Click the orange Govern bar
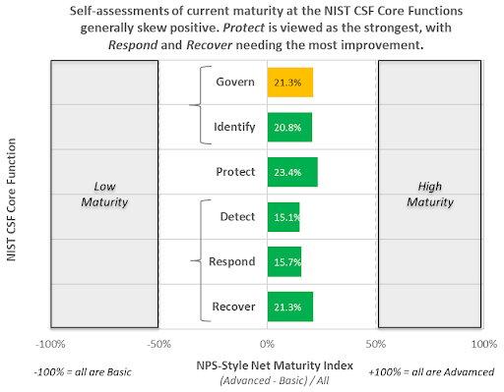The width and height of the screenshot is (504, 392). pos(289,83)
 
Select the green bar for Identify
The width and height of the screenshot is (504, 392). pos(289,127)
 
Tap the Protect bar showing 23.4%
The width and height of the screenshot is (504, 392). pos(292,172)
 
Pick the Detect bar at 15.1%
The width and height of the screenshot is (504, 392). pos(283,217)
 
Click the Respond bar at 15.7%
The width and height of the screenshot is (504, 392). pos(283,262)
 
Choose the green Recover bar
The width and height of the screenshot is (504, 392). pos(289,307)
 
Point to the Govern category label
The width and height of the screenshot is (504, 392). pos(235,83)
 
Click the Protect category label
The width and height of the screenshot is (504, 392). pos(235,172)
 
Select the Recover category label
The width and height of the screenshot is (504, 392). pos(234,308)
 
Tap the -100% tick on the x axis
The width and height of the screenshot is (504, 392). pos(49,344)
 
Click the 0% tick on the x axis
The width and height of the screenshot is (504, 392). pos(267,344)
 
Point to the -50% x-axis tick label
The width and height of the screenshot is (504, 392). pos(158,344)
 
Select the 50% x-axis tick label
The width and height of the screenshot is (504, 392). pos(376,344)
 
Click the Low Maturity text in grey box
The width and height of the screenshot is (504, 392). pos(103,194)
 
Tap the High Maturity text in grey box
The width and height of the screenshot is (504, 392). pos(430,194)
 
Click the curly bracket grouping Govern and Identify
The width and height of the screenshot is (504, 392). pos(204,104)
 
